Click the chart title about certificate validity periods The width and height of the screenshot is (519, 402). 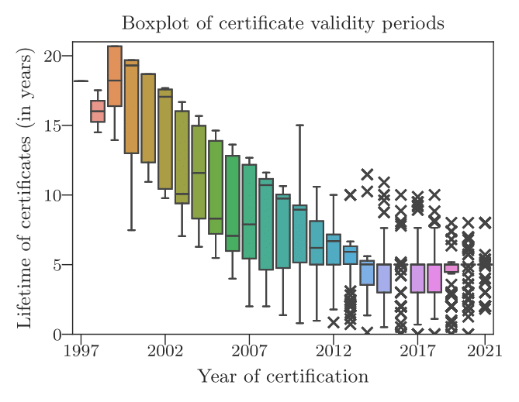[283, 23]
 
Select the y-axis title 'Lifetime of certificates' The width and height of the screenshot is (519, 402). [25, 188]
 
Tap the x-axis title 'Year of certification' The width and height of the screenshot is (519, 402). [282, 377]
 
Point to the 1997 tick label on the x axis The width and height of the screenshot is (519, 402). [81, 350]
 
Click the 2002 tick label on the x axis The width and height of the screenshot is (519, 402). [164, 350]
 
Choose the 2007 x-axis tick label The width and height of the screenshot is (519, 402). [249, 350]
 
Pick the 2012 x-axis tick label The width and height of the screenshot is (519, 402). [333, 350]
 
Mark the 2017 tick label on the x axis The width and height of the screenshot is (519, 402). [417, 350]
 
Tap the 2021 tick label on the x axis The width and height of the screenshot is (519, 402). [485, 350]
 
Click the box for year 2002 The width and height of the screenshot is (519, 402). [164, 139]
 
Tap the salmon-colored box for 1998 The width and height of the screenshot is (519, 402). [98, 111]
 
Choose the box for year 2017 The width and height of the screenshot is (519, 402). [417, 278]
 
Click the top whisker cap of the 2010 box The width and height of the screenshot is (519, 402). [299, 125]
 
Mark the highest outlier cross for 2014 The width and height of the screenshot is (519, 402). [367, 174]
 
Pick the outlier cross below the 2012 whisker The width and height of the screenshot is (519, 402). [334, 322]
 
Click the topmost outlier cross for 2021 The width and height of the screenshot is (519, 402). [485, 222]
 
